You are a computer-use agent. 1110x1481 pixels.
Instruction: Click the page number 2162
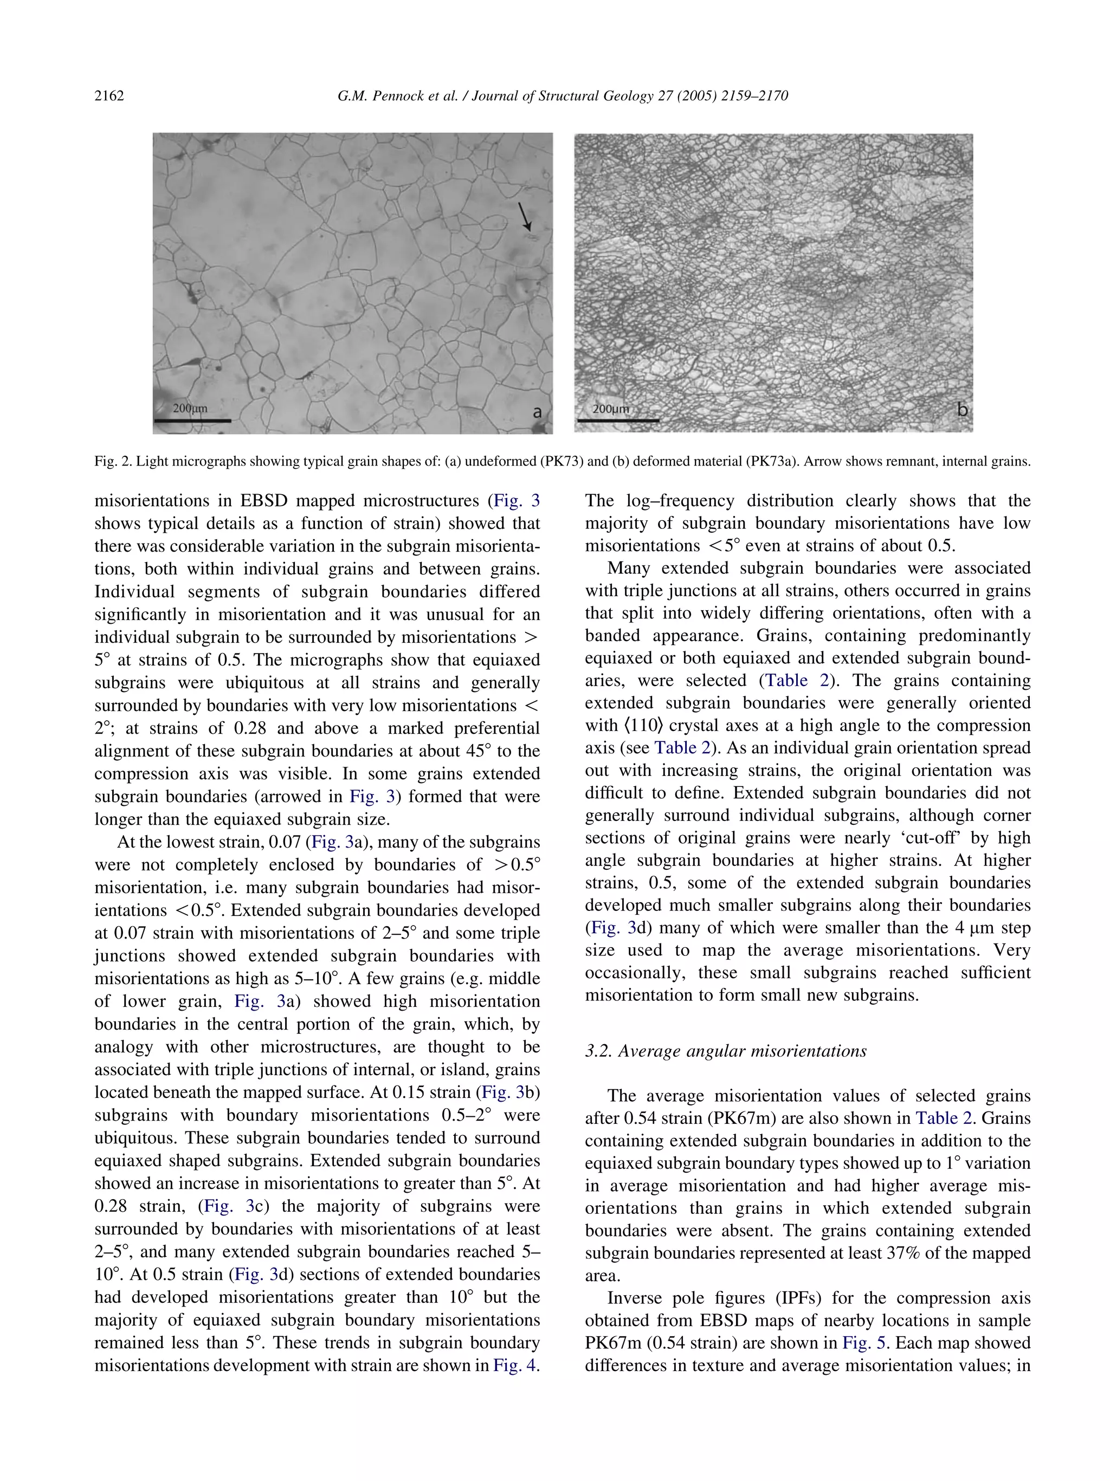point(109,96)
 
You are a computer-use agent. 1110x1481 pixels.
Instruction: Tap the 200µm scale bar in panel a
point(192,421)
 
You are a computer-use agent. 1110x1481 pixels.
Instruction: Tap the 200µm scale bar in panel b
point(617,420)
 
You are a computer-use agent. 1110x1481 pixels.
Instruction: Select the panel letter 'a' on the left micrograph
point(537,412)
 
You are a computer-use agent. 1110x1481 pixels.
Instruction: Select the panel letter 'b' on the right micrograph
point(962,410)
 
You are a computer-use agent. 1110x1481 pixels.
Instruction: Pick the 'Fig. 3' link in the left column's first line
point(515,501)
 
